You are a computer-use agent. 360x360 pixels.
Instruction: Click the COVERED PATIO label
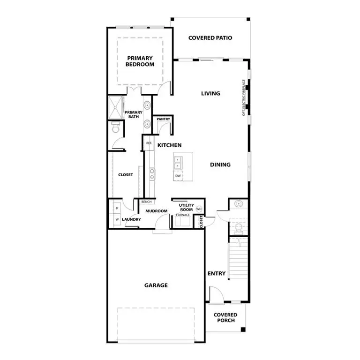210,38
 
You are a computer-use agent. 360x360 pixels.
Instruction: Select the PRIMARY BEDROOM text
140,61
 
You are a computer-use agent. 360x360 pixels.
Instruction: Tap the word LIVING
210,93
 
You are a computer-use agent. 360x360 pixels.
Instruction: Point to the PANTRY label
163,120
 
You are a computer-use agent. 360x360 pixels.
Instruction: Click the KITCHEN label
169,145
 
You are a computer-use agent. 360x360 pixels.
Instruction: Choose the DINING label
220,165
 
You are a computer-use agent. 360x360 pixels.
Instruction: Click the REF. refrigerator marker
149,143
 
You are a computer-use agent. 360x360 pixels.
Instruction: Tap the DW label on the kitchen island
178,176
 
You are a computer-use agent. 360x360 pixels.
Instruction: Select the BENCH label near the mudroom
146,202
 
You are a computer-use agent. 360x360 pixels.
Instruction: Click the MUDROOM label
156,211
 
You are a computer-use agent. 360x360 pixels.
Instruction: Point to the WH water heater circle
199,209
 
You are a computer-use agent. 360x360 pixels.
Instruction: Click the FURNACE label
183,215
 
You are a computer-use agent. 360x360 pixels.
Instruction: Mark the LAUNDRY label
131,219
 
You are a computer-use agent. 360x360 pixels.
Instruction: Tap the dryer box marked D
116,207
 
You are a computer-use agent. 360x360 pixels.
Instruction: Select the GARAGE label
156,285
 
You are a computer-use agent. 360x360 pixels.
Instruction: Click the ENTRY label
216,273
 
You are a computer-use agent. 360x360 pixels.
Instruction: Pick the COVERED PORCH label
225,317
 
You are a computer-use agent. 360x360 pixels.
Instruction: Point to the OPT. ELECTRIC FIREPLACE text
244,97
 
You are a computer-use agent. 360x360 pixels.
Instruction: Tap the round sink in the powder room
239,204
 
